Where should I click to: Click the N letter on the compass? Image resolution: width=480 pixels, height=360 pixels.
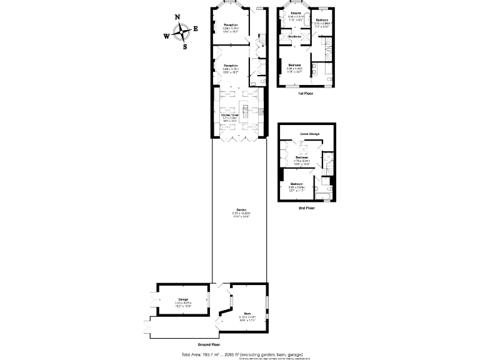pos(177,17)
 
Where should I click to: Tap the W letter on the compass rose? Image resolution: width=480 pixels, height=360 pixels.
pos(166,36)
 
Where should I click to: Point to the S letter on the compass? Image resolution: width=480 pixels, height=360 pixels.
pos(184,46)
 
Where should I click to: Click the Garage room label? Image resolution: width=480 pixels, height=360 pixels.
pos(182,300)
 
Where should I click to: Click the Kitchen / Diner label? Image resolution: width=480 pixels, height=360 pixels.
pos(230,115)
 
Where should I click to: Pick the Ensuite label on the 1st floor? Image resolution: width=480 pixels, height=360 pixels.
pos(296,12)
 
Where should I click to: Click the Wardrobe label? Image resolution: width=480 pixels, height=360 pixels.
pos(294,37)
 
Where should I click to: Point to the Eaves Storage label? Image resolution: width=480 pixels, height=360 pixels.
pos(309,133)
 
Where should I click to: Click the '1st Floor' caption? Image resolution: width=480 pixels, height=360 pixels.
pos(306,93)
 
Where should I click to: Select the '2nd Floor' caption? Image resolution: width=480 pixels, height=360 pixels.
pos(306,207)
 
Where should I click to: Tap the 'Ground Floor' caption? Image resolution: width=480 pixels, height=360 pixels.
pos(209,344)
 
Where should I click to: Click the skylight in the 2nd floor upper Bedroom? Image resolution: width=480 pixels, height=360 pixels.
pos(304,147)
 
